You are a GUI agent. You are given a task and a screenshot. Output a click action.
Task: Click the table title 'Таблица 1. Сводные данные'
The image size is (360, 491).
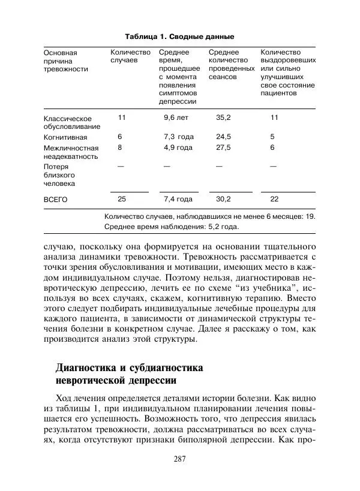click(179, 36)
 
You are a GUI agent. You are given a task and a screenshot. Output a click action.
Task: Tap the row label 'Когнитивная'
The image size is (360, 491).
click(64, 137)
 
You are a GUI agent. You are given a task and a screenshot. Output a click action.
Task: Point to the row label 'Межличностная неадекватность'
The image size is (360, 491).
click(71, 152)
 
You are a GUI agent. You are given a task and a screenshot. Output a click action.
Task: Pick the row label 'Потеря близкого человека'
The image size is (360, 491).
click(59, 175)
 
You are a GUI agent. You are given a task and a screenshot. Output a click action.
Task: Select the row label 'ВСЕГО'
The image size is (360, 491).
click(56, 199)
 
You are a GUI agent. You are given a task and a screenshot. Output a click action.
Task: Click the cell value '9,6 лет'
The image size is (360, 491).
click(176, 118)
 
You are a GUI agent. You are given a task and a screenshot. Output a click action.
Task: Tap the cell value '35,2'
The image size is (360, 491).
click(223, 118)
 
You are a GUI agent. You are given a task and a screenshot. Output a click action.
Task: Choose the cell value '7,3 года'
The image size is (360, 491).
click(178, 137)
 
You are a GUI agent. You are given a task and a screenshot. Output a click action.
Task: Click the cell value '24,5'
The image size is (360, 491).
click(223, 137)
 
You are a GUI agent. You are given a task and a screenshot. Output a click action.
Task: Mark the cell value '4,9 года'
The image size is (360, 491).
click(178, 147)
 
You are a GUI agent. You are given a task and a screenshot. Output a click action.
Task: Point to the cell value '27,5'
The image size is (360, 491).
click(223, 147)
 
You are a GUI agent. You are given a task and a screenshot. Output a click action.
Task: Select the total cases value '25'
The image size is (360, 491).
click(122, 198)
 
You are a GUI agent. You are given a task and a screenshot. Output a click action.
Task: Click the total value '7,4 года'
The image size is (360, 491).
click(178, 198)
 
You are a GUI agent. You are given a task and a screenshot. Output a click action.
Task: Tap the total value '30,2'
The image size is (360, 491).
click(223, 198)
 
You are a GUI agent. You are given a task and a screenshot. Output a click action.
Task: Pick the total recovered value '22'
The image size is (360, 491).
click(274, 198)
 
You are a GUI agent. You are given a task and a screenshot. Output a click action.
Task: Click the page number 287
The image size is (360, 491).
click(180, 459)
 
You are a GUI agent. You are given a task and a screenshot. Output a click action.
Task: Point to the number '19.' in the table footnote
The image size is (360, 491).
click(310, 215)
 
